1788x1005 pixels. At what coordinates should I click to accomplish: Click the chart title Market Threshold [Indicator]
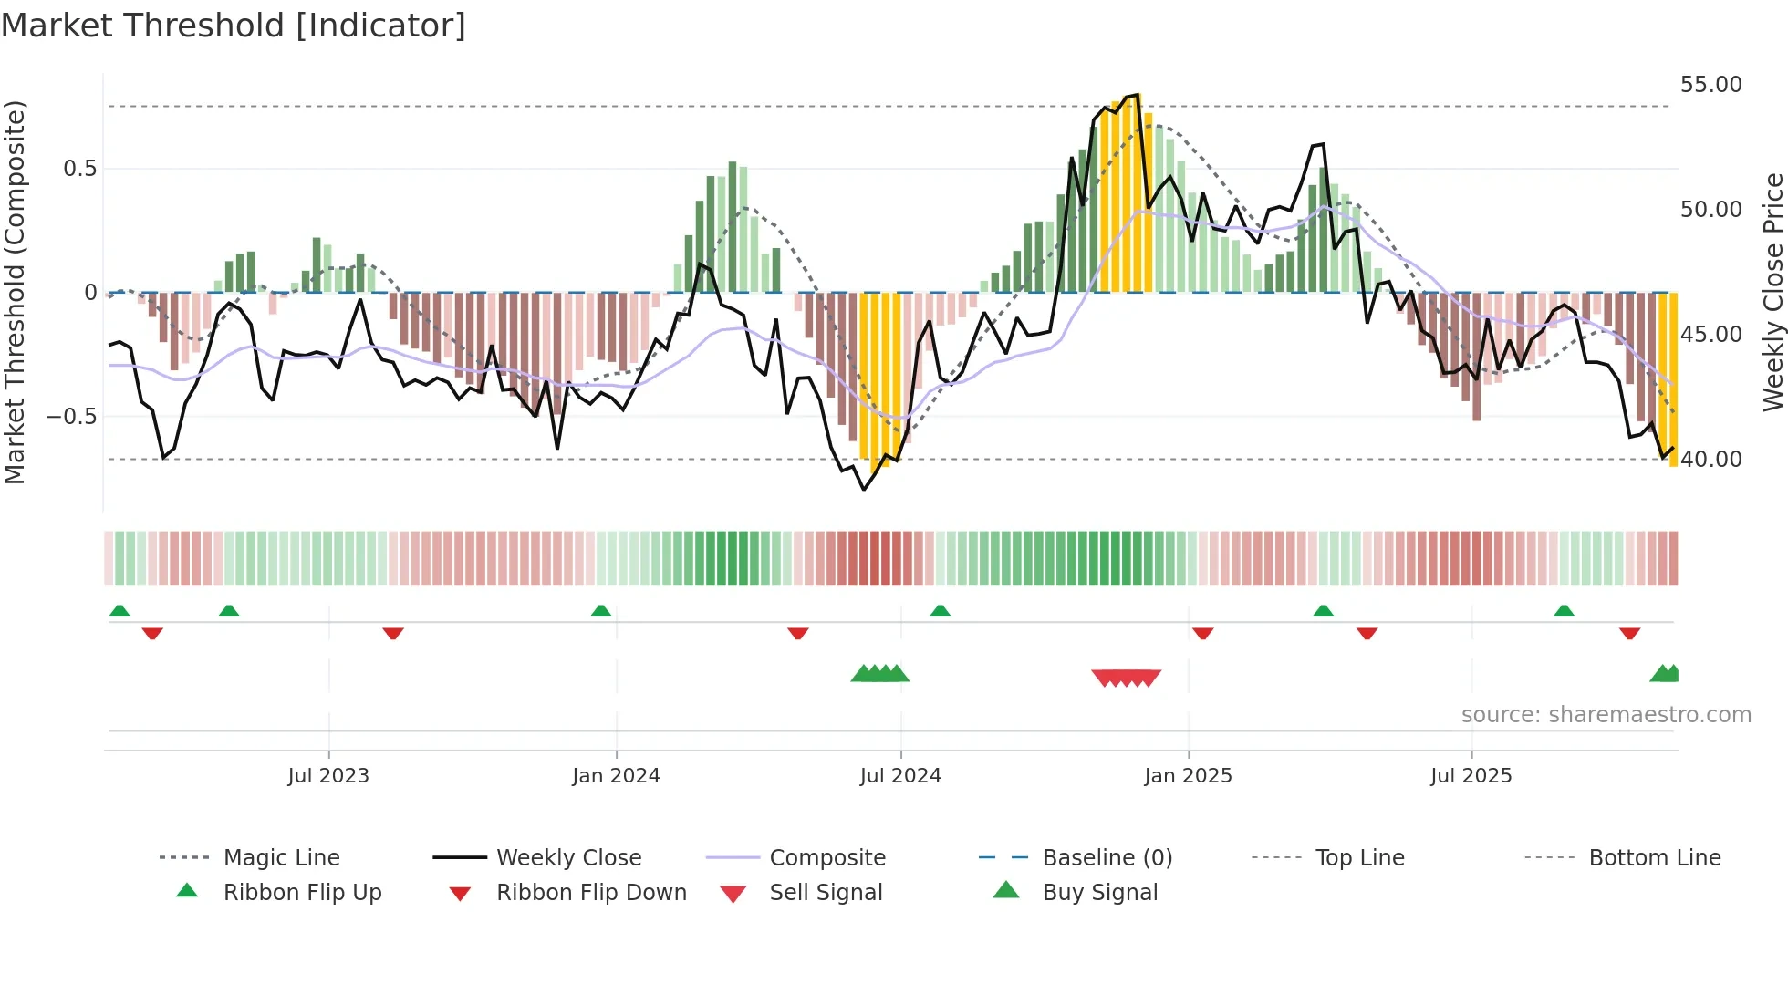pos(234,26)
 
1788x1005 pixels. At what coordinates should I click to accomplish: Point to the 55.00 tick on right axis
pos(1710,85)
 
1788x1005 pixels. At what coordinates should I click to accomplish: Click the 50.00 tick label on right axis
pos(1710,210)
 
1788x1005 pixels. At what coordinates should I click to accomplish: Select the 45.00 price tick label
pos(1710,335)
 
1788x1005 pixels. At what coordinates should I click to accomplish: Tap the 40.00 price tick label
pos(1710,460)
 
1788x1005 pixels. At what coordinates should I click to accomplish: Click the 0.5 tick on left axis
pos(79,169)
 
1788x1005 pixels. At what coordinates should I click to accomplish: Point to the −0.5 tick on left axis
pos(71,417)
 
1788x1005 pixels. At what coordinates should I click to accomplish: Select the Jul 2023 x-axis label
pos(328,776)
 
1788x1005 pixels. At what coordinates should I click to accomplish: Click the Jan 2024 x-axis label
pos(616,776)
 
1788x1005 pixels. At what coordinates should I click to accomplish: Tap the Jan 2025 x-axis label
pos(1188,776)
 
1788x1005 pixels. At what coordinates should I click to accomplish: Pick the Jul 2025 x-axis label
pos(1471,776)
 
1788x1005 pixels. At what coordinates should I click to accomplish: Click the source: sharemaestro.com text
pos(1606,715)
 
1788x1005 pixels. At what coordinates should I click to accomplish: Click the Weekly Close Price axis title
pos(1772,292)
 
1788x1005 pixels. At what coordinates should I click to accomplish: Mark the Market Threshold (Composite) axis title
pos(15,292)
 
